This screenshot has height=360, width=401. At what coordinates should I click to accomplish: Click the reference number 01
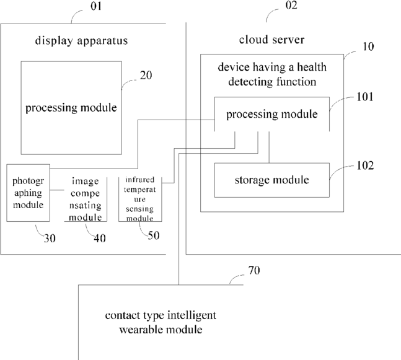96,6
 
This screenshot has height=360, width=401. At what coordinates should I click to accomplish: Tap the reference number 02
291,5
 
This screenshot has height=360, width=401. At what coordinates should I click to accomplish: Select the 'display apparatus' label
81,41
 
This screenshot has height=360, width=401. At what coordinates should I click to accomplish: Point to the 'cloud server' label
271,40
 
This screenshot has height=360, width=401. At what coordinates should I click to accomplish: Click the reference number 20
146,75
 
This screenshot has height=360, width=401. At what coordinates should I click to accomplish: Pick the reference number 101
365,97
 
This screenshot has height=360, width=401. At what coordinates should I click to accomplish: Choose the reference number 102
365,165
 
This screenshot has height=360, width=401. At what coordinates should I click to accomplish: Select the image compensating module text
86,199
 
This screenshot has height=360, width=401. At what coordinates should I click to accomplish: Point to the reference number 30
50,239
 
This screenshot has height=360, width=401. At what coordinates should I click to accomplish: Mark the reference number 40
100,239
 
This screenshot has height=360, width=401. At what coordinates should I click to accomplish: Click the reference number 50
154,235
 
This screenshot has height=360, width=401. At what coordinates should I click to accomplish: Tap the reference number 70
254,270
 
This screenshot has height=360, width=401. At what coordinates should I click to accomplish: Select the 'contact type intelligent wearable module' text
161,322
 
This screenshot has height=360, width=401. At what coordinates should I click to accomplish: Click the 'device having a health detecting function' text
272,74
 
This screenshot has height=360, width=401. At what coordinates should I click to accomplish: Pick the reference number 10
368,46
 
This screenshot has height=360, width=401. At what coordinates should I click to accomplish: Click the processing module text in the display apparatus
71,108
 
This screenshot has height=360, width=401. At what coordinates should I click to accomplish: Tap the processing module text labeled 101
272,114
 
